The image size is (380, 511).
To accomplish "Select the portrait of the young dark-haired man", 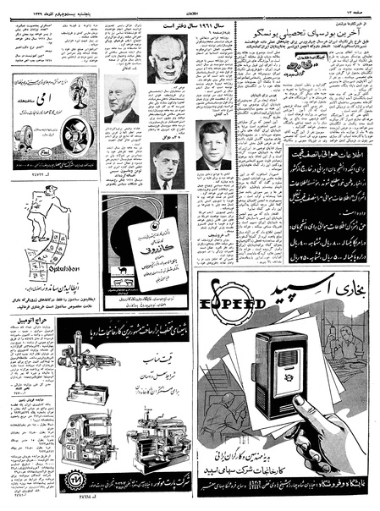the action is click(x=213, y=146).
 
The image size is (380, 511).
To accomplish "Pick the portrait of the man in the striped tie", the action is click(x=167, y=166).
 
